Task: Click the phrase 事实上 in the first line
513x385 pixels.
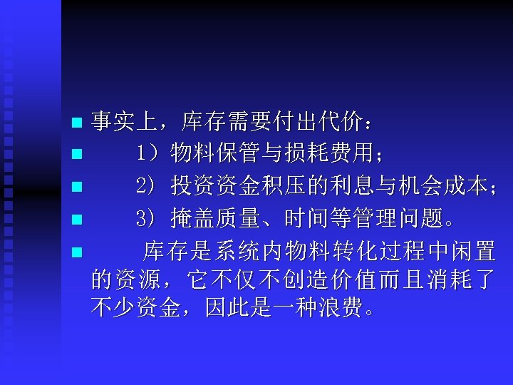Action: (125, 123)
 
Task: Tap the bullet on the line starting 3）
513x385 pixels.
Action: (78, 220)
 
